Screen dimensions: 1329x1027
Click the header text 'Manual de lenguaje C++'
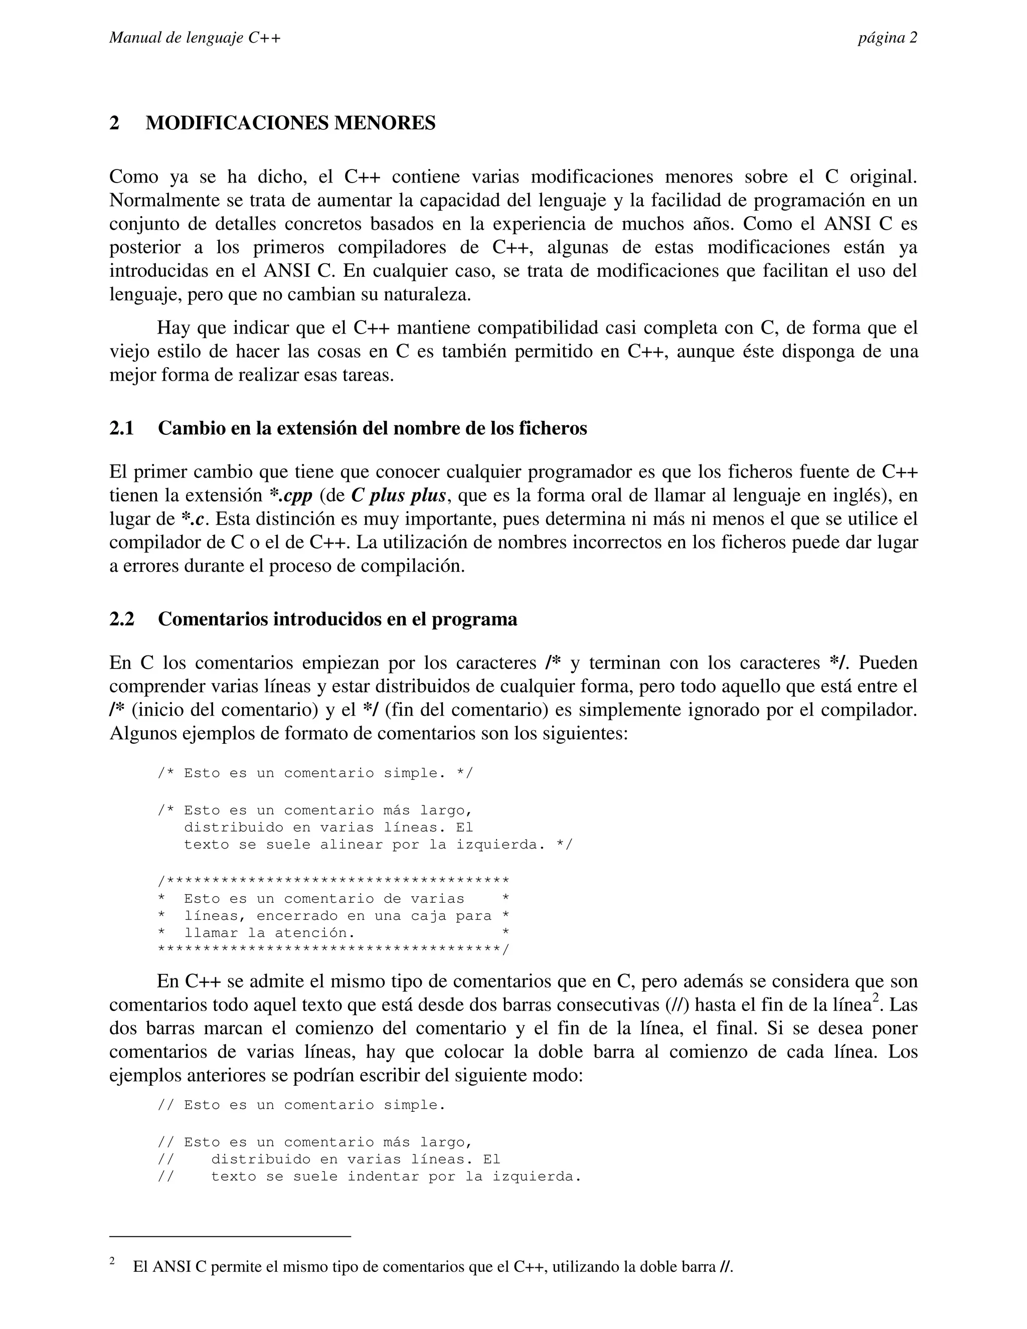pos(195,38)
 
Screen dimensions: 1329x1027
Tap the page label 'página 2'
pos(887,38)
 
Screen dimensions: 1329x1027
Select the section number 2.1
pos(122,428)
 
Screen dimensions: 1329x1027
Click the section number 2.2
pos(122,619)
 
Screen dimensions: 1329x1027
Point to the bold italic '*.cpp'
pos(291,495)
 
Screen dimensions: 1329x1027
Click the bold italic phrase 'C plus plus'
pos(399,495)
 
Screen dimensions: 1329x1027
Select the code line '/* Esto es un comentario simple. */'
pos(314,773)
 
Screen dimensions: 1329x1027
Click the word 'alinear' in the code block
pos(351,845)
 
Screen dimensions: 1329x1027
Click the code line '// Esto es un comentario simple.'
pos(301,1105)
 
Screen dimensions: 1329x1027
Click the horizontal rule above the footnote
pos(230,1237)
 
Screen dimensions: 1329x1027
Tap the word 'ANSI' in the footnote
pos(172,1267)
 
